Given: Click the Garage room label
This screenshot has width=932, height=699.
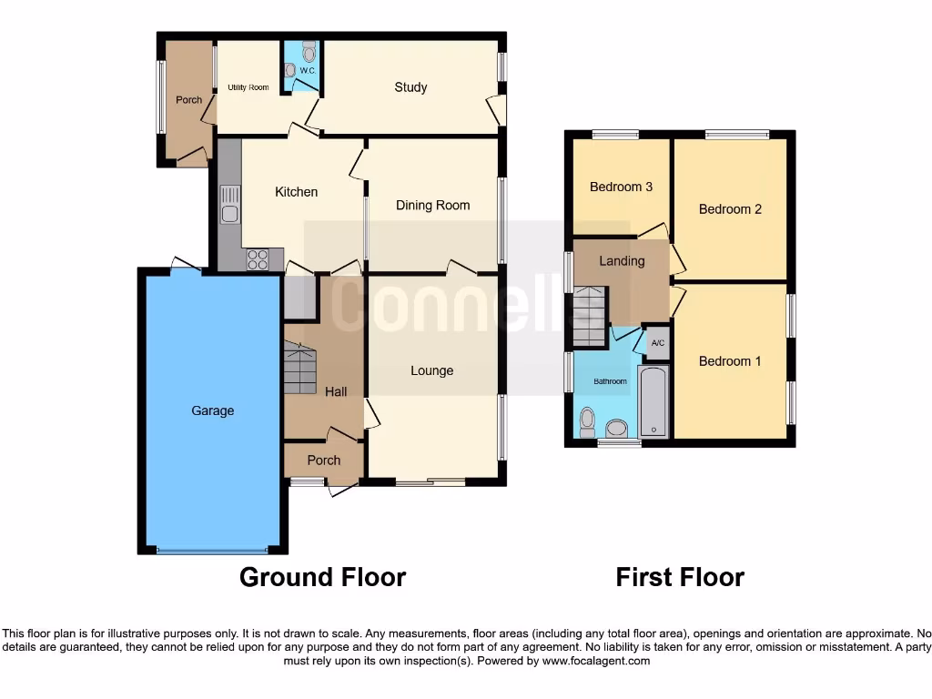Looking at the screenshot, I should [212, 410].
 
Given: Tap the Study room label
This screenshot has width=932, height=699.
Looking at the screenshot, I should [410, 87].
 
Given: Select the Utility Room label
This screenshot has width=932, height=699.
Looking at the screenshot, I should [248, 87].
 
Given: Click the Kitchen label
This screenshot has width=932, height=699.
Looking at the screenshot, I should [297, 192].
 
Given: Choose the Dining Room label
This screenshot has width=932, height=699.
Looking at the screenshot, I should [432, 206].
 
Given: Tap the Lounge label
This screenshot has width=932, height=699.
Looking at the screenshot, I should [431, 370].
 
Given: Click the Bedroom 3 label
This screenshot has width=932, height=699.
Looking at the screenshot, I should [621, 187].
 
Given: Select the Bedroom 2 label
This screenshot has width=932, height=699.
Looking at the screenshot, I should [730, 209].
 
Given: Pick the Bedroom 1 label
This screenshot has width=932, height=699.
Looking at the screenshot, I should [730, 361].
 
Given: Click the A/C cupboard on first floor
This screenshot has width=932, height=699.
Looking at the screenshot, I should [658, 343].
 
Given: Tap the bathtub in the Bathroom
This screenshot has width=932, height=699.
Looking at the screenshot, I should [653, 401].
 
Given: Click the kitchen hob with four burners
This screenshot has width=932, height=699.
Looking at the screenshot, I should [258, 259].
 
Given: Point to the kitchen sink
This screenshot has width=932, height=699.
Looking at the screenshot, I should [229, 205].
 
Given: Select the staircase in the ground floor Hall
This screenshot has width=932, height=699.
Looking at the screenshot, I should [301, 368].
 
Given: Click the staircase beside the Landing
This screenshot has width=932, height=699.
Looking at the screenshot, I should [589, 317].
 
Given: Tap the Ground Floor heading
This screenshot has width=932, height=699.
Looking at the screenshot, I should [322, 577].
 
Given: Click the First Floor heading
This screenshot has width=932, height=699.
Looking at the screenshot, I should [680, 577].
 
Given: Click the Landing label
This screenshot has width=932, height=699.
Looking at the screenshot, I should [622, 261].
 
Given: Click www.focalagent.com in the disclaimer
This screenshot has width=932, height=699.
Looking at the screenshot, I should [595, 661].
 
